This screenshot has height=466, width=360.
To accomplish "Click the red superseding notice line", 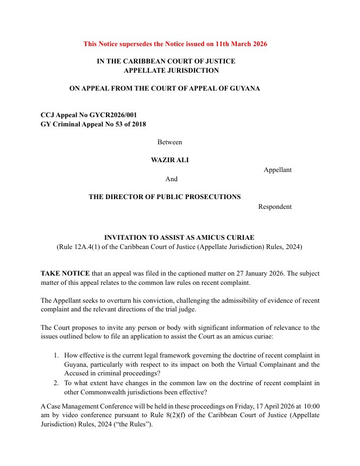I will pyautogui.click(x=175, y=44).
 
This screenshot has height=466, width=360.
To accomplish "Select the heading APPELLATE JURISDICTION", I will pyautogui.click(x=171, y=71).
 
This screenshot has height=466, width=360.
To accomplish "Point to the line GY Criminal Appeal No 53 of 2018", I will pyautogui.click(x=93, y=124).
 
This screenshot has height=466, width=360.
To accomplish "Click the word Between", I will pyautogui.click(x=169, y=142).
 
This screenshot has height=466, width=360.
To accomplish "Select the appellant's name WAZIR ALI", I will pyautogui.click(x=169, y=160).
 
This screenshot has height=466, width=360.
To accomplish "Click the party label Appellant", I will pyautogui.click(x=277, y=170).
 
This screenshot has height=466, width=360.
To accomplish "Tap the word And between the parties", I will pyautogui.click(x=171, y=179).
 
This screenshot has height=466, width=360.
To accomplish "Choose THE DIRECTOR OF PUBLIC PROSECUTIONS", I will pyautogui.click(x=165, y=197).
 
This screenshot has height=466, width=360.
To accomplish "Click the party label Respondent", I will pyautogui.click(x=275, y=207).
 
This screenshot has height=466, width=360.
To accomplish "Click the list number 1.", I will pyautogui.click(x=55, y=355).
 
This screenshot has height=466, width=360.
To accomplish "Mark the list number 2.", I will pyautogui.click(x=55, y=383).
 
